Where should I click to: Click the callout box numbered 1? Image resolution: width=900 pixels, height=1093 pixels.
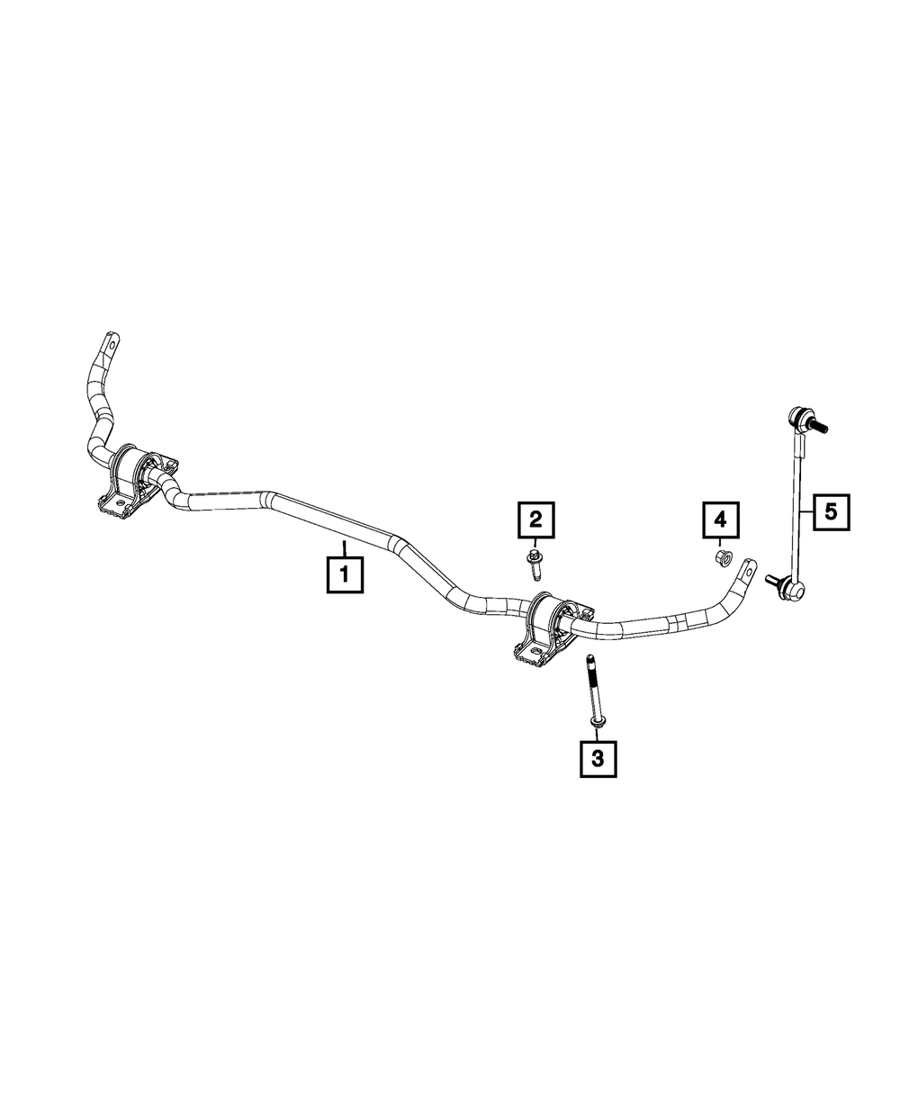pyautogui.click(x=345, y=574)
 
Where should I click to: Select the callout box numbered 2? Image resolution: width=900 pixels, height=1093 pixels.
pyautogui.click(x=535, y=519)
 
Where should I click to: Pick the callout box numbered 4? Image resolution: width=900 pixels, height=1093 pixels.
pyautogui.click(x=720, y=519)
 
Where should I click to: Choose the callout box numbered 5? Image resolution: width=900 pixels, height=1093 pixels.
pyautogui.click(x=830, y=512)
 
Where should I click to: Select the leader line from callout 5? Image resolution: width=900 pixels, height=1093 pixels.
pyautogui.click(x=806, y=512)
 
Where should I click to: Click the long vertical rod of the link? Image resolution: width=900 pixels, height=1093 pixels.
pyautogui.click(x=796, y=504)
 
